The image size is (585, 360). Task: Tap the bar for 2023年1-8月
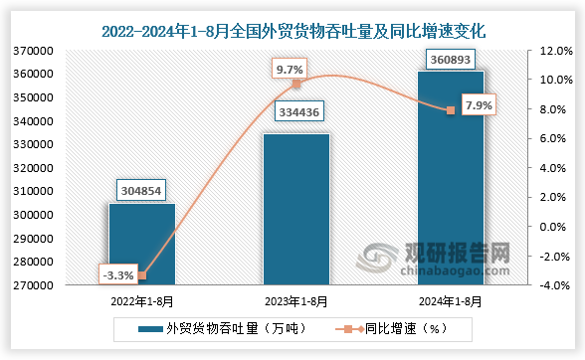295,210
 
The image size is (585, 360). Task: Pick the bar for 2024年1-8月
451,179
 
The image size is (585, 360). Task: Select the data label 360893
451,57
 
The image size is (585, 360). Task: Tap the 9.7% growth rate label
290,70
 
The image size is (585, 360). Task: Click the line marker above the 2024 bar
451,110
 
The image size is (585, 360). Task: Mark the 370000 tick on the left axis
35,50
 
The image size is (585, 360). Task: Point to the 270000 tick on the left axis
35,285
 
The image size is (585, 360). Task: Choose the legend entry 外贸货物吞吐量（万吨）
208,327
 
